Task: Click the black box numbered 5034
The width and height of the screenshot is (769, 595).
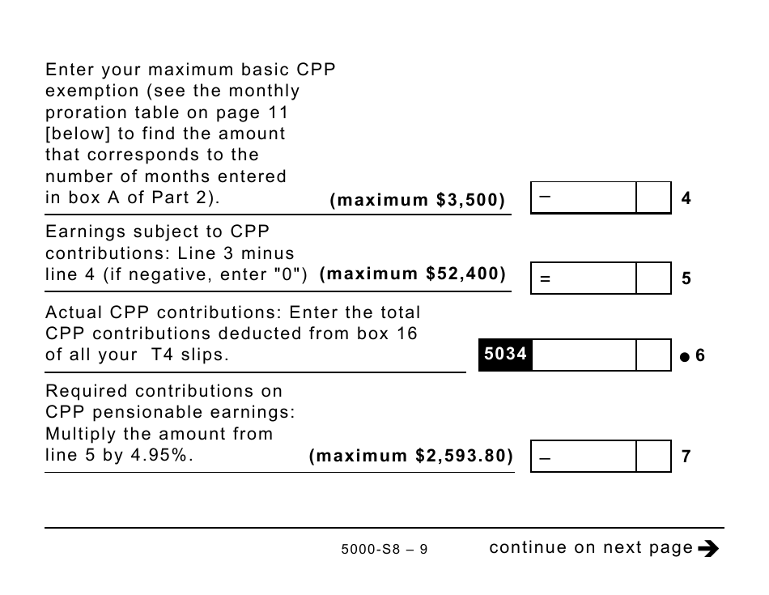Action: pyautogui.click(x=505, y=355)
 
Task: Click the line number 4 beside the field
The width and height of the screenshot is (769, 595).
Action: pyautogui.click(x=686, y=198)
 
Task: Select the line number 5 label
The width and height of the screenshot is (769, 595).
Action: pyautogui.click(x=686, y=278)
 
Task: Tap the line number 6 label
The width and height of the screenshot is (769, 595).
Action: pyautogui.click(x=700, y=355)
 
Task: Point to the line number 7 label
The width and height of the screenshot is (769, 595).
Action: pyautogui.click(x=686, y=457)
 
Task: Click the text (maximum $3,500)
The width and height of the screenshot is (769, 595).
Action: pyautogui.click(x=418, y=200)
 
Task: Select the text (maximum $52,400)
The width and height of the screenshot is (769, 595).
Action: pyautogui.click(x=413, y=274)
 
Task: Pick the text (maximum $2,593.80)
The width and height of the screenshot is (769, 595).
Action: pyautogui.click(x=411, y=456)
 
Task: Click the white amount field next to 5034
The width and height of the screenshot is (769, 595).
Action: pyautogui.click(x=584, y=355)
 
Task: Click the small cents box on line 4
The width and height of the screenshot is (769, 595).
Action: pyautogui.click(x=653, y=198)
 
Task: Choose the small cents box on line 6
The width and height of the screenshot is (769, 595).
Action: pyautogui.click(x=653, y=355)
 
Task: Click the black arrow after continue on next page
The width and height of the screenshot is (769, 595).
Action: pyautogui.click(x=708, y=549)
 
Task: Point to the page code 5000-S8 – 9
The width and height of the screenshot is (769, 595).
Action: pyautogui.click(x=384, y=550)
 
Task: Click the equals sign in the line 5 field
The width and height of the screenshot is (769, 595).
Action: pyautogui.click(x=545, y=279)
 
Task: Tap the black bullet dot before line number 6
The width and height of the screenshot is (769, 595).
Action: pyautogui.click(x=684, y=356)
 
